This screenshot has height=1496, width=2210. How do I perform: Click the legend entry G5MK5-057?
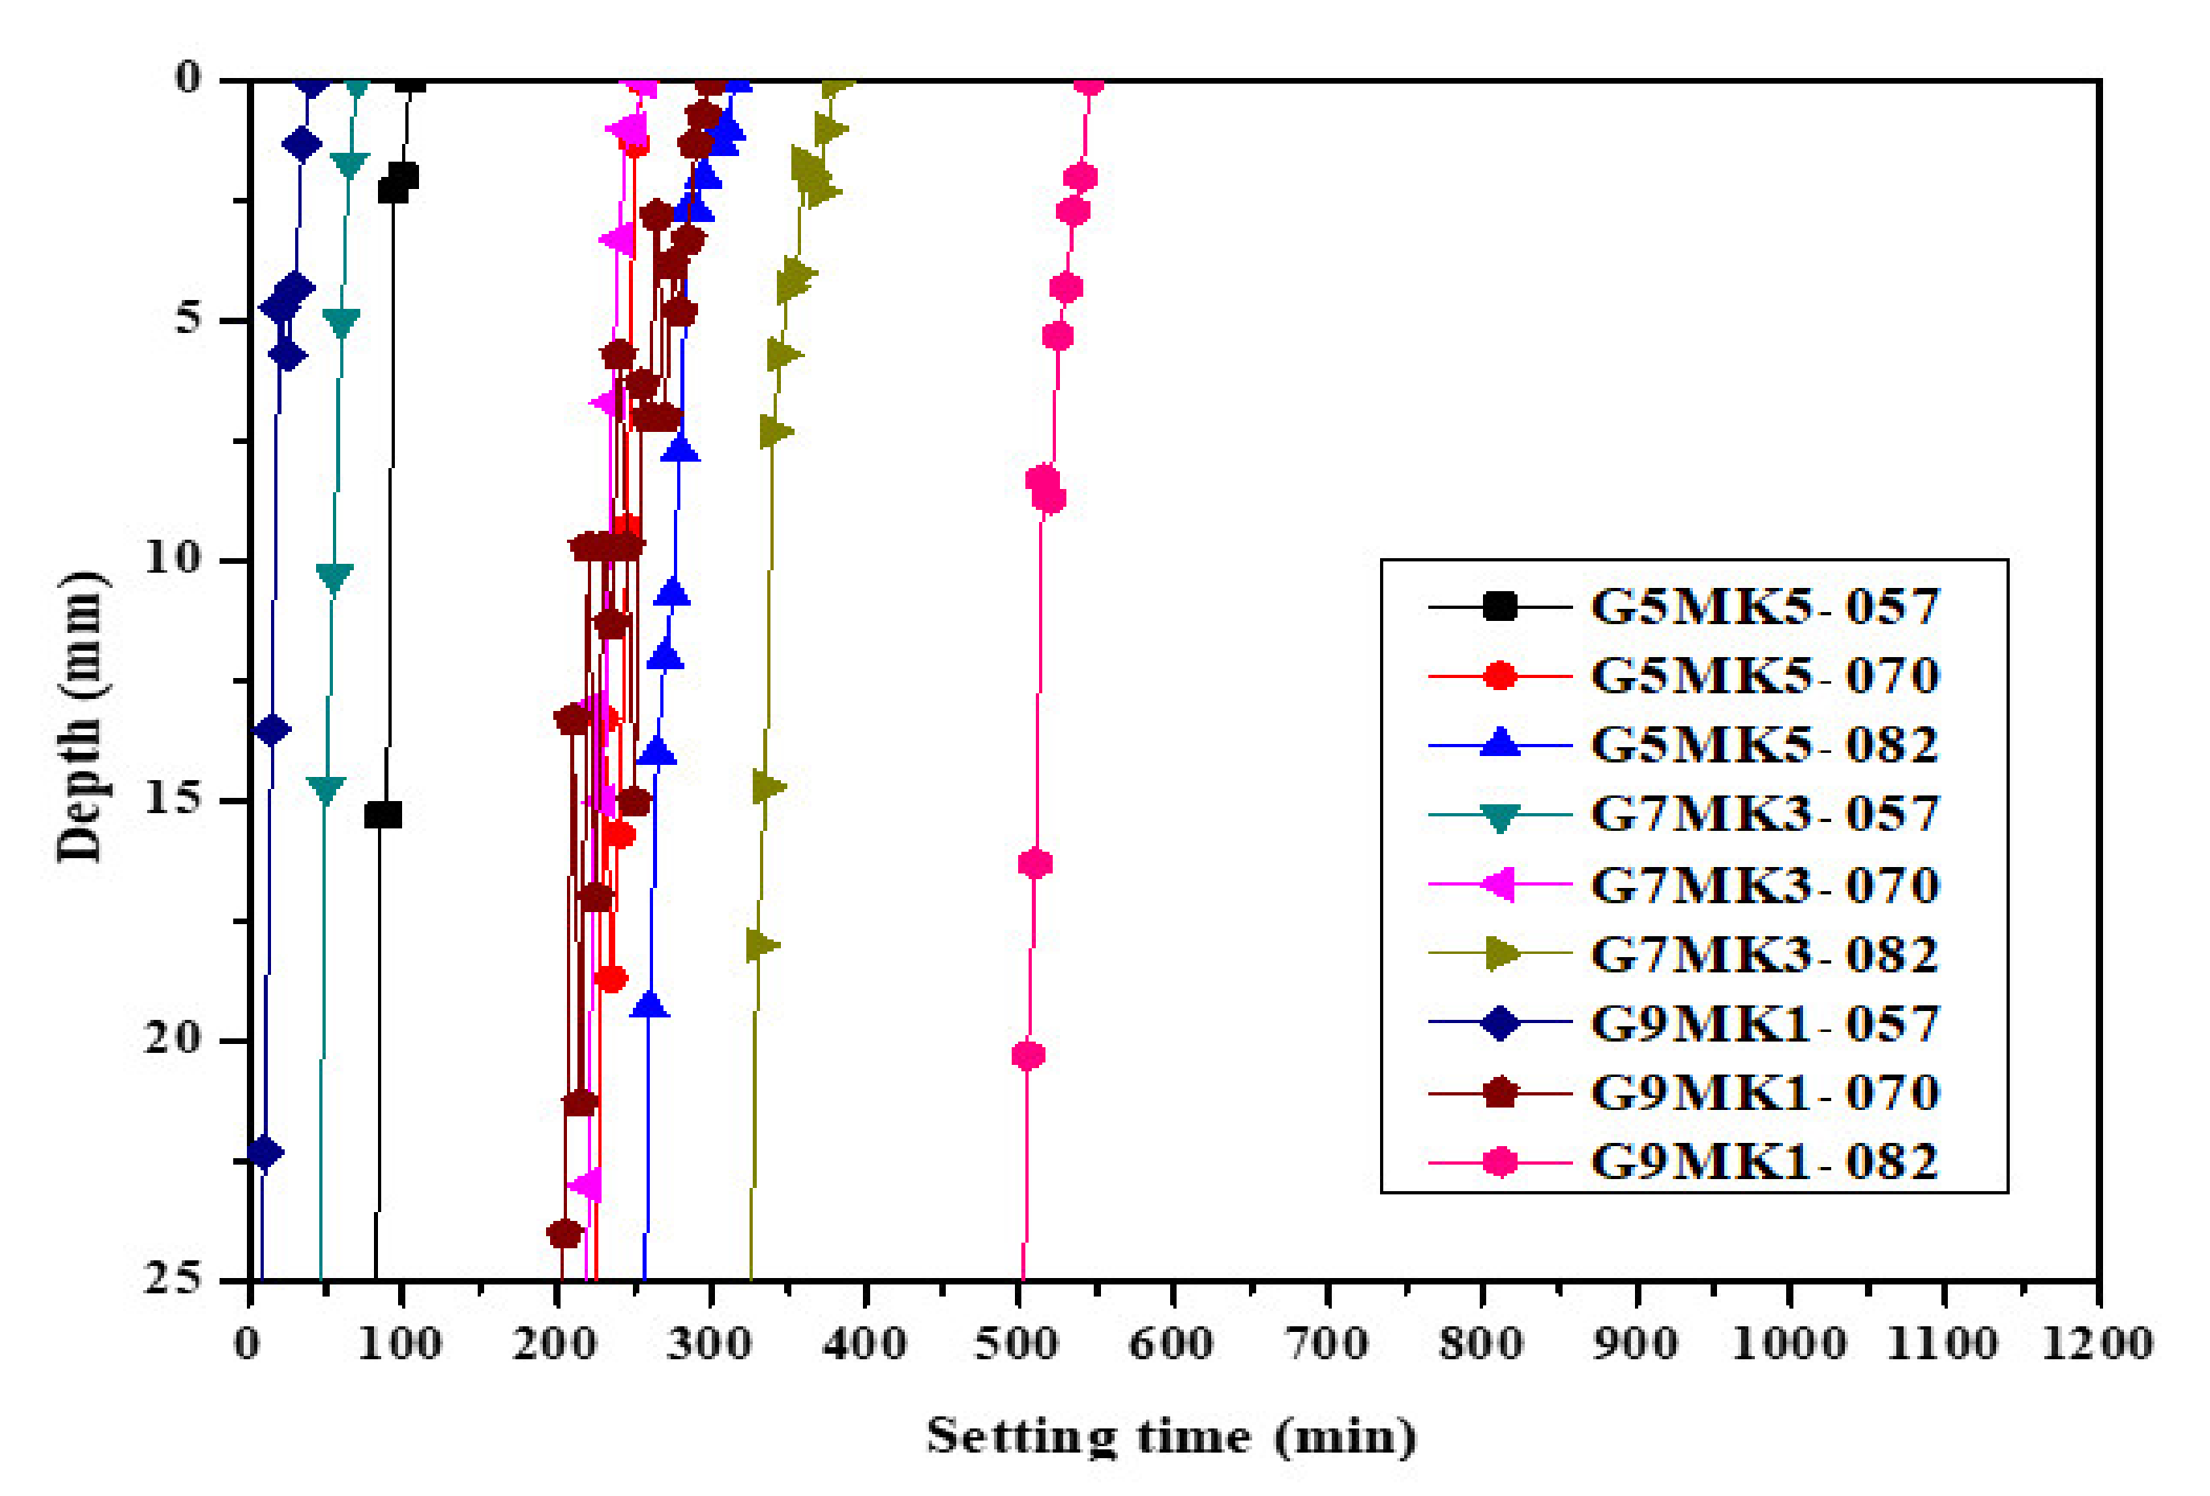[x=1764, y=606]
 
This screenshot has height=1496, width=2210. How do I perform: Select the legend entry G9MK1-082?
[x=1764, y=1161]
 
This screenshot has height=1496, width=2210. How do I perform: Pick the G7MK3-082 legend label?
[x=1764, y=954]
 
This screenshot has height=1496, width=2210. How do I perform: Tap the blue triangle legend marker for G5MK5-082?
[x=1500, y=744]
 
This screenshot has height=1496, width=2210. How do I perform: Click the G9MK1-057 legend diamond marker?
[x=1500, y=1023]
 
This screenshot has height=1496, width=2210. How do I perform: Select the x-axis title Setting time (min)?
[x=1172, y=1436]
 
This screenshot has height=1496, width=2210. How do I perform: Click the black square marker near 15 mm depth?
[x=382, y=815]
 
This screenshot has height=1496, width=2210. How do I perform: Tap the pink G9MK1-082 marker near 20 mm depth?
[x=1028, y=1054]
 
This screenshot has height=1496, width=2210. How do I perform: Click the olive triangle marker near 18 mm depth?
[x=762, y=944]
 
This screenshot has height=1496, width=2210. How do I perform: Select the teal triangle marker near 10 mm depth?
[x=334, y=575]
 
